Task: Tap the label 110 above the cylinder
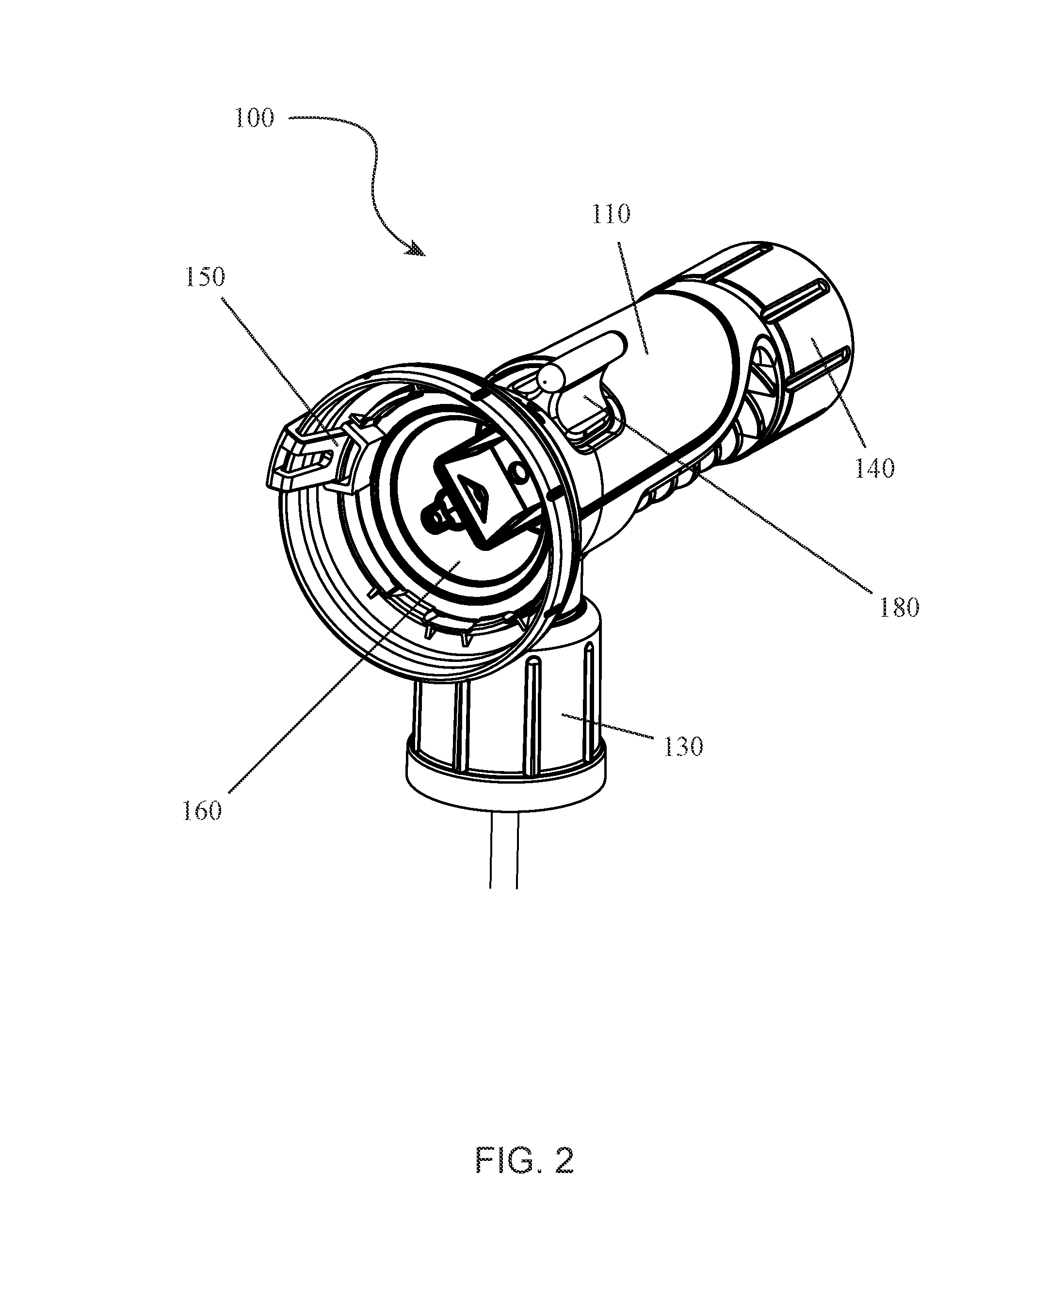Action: tap(611, 214)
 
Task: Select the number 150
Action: tap(205, 277)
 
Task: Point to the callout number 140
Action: tap(874, 468)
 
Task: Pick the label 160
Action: tap(202, 810)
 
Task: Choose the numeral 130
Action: tap(684, 747)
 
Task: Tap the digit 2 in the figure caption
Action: tap(564, 1161)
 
